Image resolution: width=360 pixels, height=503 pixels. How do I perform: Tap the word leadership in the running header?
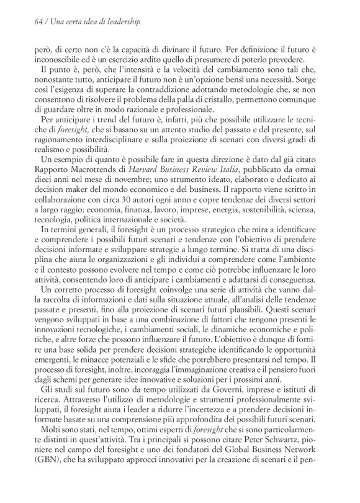(x=121, y=22)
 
